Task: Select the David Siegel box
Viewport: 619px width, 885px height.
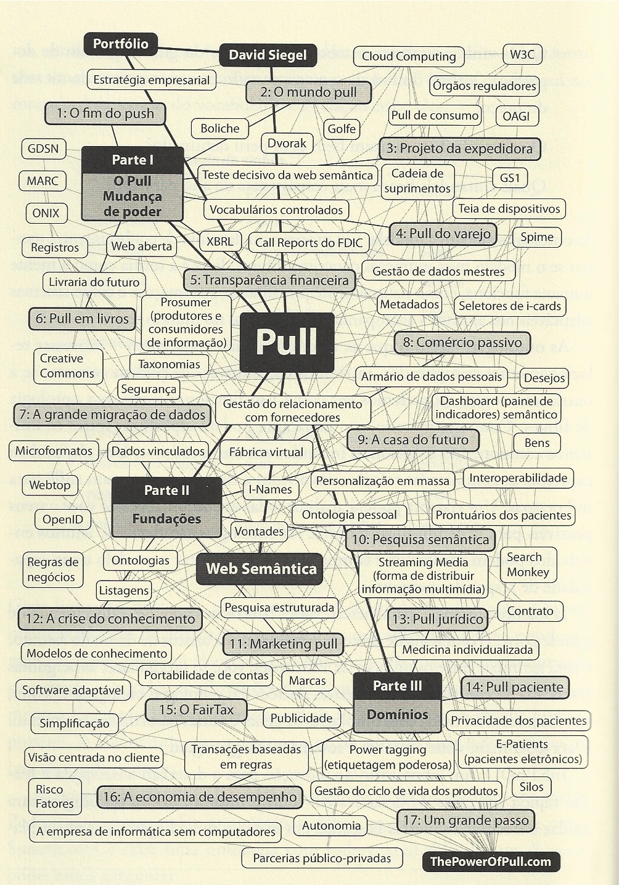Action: click(x=268, y=55)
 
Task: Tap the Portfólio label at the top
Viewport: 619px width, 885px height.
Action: click(x=121, y=44)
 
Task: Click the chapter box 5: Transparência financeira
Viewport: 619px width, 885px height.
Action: click(x=269, y=280)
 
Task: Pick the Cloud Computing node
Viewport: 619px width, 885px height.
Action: click(x=409, y=57)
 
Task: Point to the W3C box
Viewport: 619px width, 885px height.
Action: click(x=522, y=54)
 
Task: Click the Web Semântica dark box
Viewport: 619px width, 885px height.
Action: click(x=261, y=568)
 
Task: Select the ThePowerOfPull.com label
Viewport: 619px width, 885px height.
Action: click(x=490, y=862)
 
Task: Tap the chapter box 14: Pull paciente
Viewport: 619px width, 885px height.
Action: click(x=515, y=687)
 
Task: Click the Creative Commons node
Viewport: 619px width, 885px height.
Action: click(x=67, y=366)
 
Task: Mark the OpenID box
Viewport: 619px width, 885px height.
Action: click(x=63, y=520)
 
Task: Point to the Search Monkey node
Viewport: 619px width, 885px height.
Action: click(x=528, y=565)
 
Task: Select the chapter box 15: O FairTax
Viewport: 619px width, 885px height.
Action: click(x=196, y=710)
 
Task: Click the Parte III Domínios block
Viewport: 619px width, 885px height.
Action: click(x=398, y=701)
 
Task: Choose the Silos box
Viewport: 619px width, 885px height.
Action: click(x=531, y=787)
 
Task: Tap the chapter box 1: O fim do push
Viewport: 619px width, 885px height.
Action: click(x=105, y=113)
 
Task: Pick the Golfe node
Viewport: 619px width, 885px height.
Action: click(x=342, y=129)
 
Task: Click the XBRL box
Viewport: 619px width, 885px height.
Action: click(x=220, y=242)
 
